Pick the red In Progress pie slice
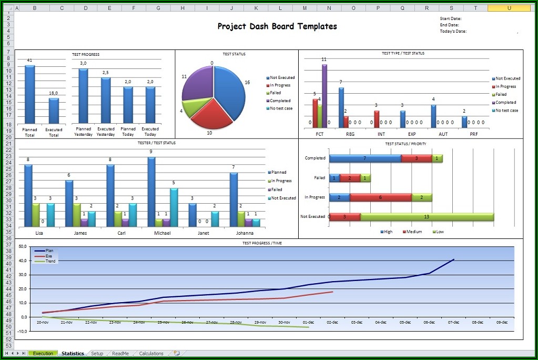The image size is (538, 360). coord(210,115)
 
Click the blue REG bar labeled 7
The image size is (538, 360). coord(341,107)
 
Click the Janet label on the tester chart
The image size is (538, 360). coord(203,233)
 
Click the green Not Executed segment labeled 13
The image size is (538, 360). coord(427,216)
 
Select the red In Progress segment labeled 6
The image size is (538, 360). coord(380,197)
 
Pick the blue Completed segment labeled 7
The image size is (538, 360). coord(365,158)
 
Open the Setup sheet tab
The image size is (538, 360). coord(97,354)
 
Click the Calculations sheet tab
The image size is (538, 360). coord(151,354)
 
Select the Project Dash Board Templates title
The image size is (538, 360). coord(277,26)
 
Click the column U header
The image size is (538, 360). coord(509,8)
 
